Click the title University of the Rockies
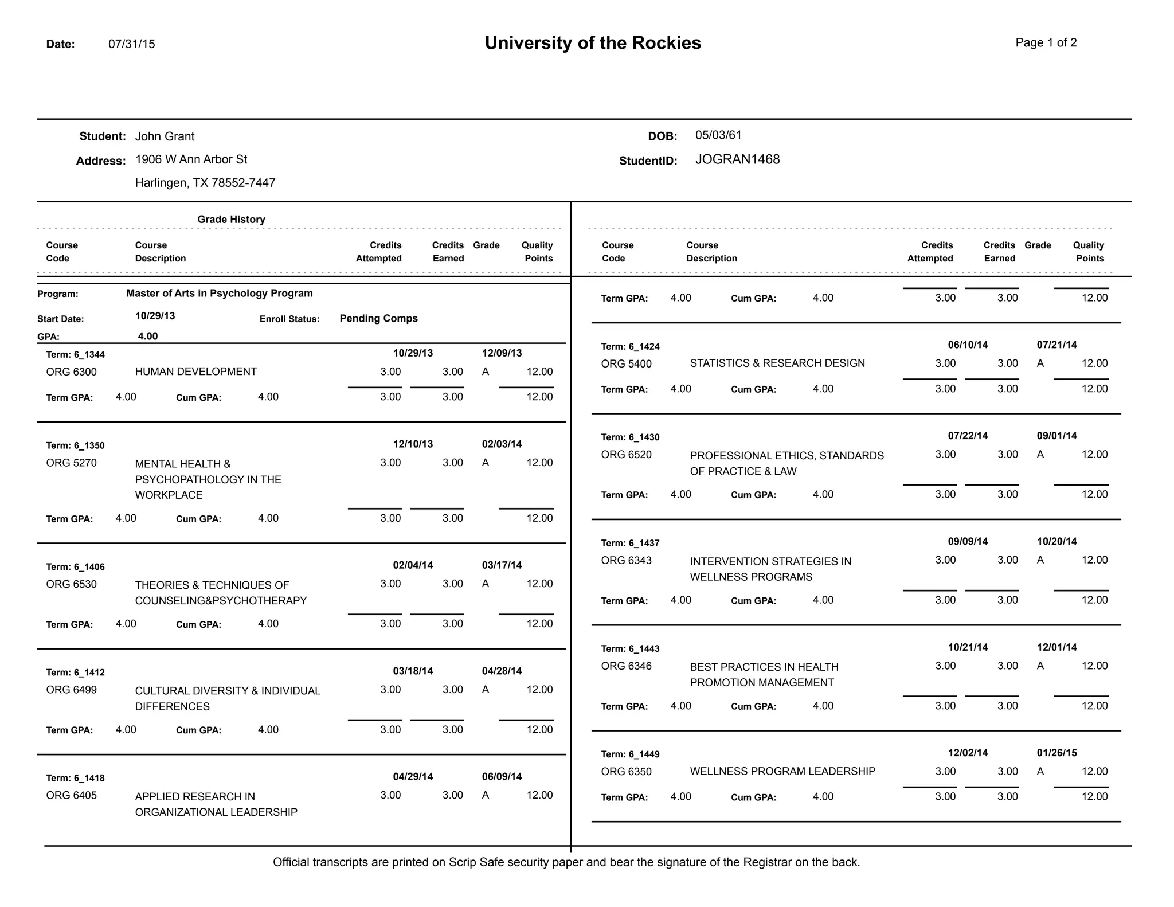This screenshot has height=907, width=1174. (592, 43)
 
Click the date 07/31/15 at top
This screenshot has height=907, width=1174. (131, 44)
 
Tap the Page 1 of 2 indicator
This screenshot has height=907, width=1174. (1046, 42)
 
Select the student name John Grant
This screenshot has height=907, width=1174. (165, 136)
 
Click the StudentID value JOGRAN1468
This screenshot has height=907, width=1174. (737, 159)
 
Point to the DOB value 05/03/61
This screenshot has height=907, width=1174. (718, 135)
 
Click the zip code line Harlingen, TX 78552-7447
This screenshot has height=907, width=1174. (205, 183)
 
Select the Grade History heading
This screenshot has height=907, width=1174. (231, 220)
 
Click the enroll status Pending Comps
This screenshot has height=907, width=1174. (378, 318)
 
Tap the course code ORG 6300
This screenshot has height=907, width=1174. (71, 372)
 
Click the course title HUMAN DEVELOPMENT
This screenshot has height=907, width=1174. (195, 372)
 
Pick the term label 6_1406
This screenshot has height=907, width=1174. (89, 567)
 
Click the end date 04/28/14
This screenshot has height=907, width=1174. (502, 671)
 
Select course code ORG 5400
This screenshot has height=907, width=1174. (626, 363)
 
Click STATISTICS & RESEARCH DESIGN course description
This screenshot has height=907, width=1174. (777, 363)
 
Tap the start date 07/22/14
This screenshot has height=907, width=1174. (968, 436)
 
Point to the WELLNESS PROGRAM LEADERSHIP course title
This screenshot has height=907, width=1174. (782, 772)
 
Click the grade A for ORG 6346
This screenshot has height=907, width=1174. (1040, 666)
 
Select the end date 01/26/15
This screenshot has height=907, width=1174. (1056, 753)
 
